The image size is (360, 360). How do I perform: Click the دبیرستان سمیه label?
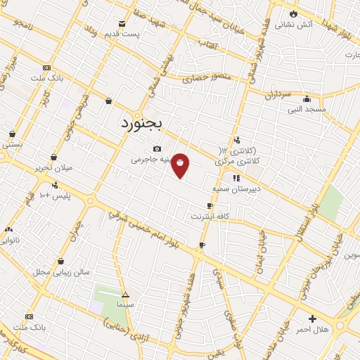click(x=236, y=189)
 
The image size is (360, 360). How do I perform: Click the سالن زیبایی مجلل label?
click(x=61, y=271)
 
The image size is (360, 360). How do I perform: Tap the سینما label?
click(x=126, y=307)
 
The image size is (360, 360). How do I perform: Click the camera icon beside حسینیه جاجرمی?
click(x=157, y=148)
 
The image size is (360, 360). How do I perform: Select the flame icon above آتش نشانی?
click(x=293, y=13)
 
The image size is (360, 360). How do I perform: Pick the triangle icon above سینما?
click(x=126, y=295)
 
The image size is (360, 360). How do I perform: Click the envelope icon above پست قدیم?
click(x=122, y=23)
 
